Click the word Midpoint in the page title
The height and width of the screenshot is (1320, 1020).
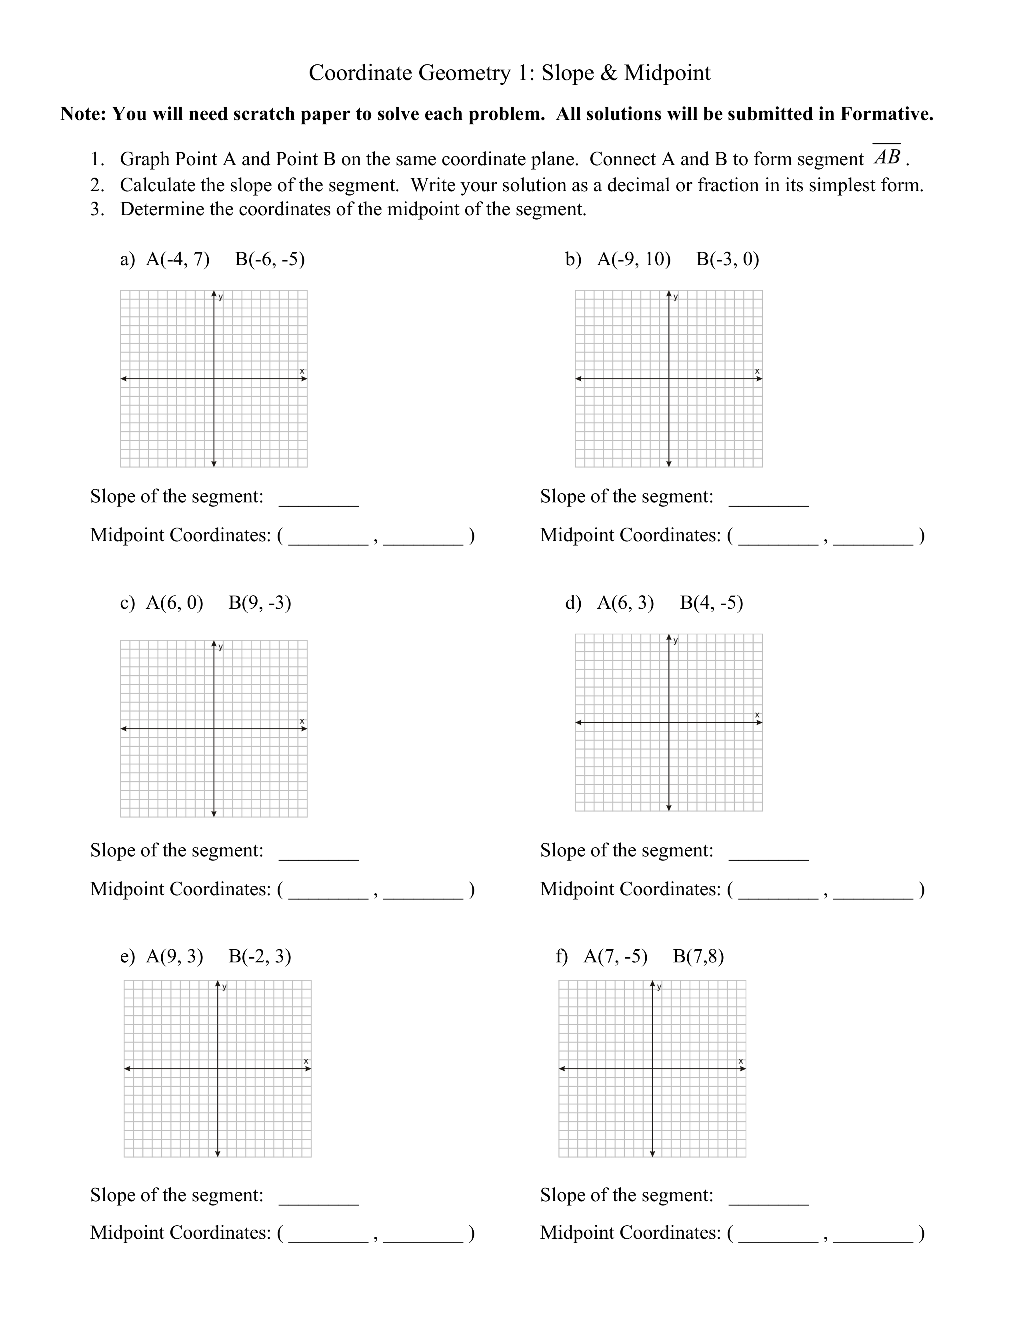667,73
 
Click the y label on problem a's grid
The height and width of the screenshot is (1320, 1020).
220,297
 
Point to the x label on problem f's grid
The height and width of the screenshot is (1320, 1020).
741,1061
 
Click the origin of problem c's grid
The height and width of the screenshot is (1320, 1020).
214,728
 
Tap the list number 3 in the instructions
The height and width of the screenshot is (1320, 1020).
96,210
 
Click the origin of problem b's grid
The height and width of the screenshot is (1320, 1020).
669,379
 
